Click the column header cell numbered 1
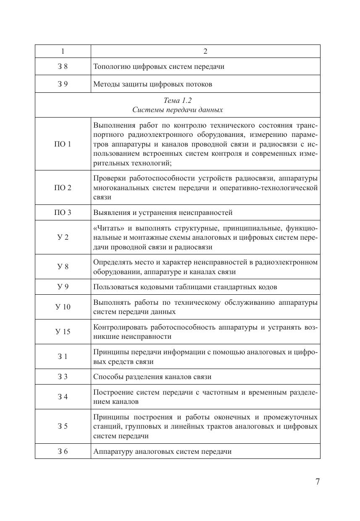[63, 51]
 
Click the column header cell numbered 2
[205, 51]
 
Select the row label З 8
[63, 66]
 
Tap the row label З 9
[63, 84]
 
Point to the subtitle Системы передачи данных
[177, 110]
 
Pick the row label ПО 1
[63, 144]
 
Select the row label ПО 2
[63, 188]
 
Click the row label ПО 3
[63, 212]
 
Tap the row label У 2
[63, 237]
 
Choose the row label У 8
[63, 267]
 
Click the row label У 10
[63, 307]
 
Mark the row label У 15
[63, 332]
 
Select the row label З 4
[63, 397]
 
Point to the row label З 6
[63, 451]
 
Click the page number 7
[318, 482]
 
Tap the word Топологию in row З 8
[111, 66]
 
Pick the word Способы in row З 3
[107, 377]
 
